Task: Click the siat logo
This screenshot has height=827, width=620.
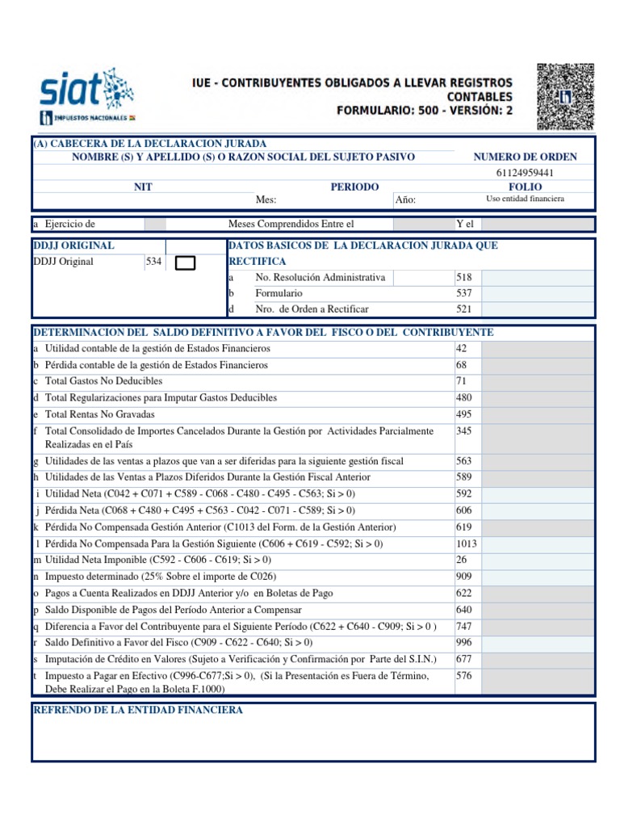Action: (x=87, y=95)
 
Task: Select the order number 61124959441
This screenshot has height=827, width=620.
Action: (x=525, y=172)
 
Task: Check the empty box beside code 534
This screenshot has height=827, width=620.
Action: (x=185, y=262)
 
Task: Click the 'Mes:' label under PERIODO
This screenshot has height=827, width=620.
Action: (x=266, y=200)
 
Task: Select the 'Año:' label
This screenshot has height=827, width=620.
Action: (x=406, y=200)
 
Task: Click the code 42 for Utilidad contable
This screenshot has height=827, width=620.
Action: (x=462, y=348)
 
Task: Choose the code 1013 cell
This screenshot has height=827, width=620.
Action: (x=467, y=544)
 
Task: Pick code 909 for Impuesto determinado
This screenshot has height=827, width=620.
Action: (x=463, y=577)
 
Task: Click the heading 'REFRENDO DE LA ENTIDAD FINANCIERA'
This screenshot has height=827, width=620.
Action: (x=138, y=710)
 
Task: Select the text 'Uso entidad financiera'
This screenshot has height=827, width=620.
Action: (x=525, y=199)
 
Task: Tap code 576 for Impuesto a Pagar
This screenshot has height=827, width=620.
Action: (x=463, y=676)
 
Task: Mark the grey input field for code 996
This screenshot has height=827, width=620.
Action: (x=538, y=642)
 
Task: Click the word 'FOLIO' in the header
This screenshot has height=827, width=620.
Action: (x=525, y=187)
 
